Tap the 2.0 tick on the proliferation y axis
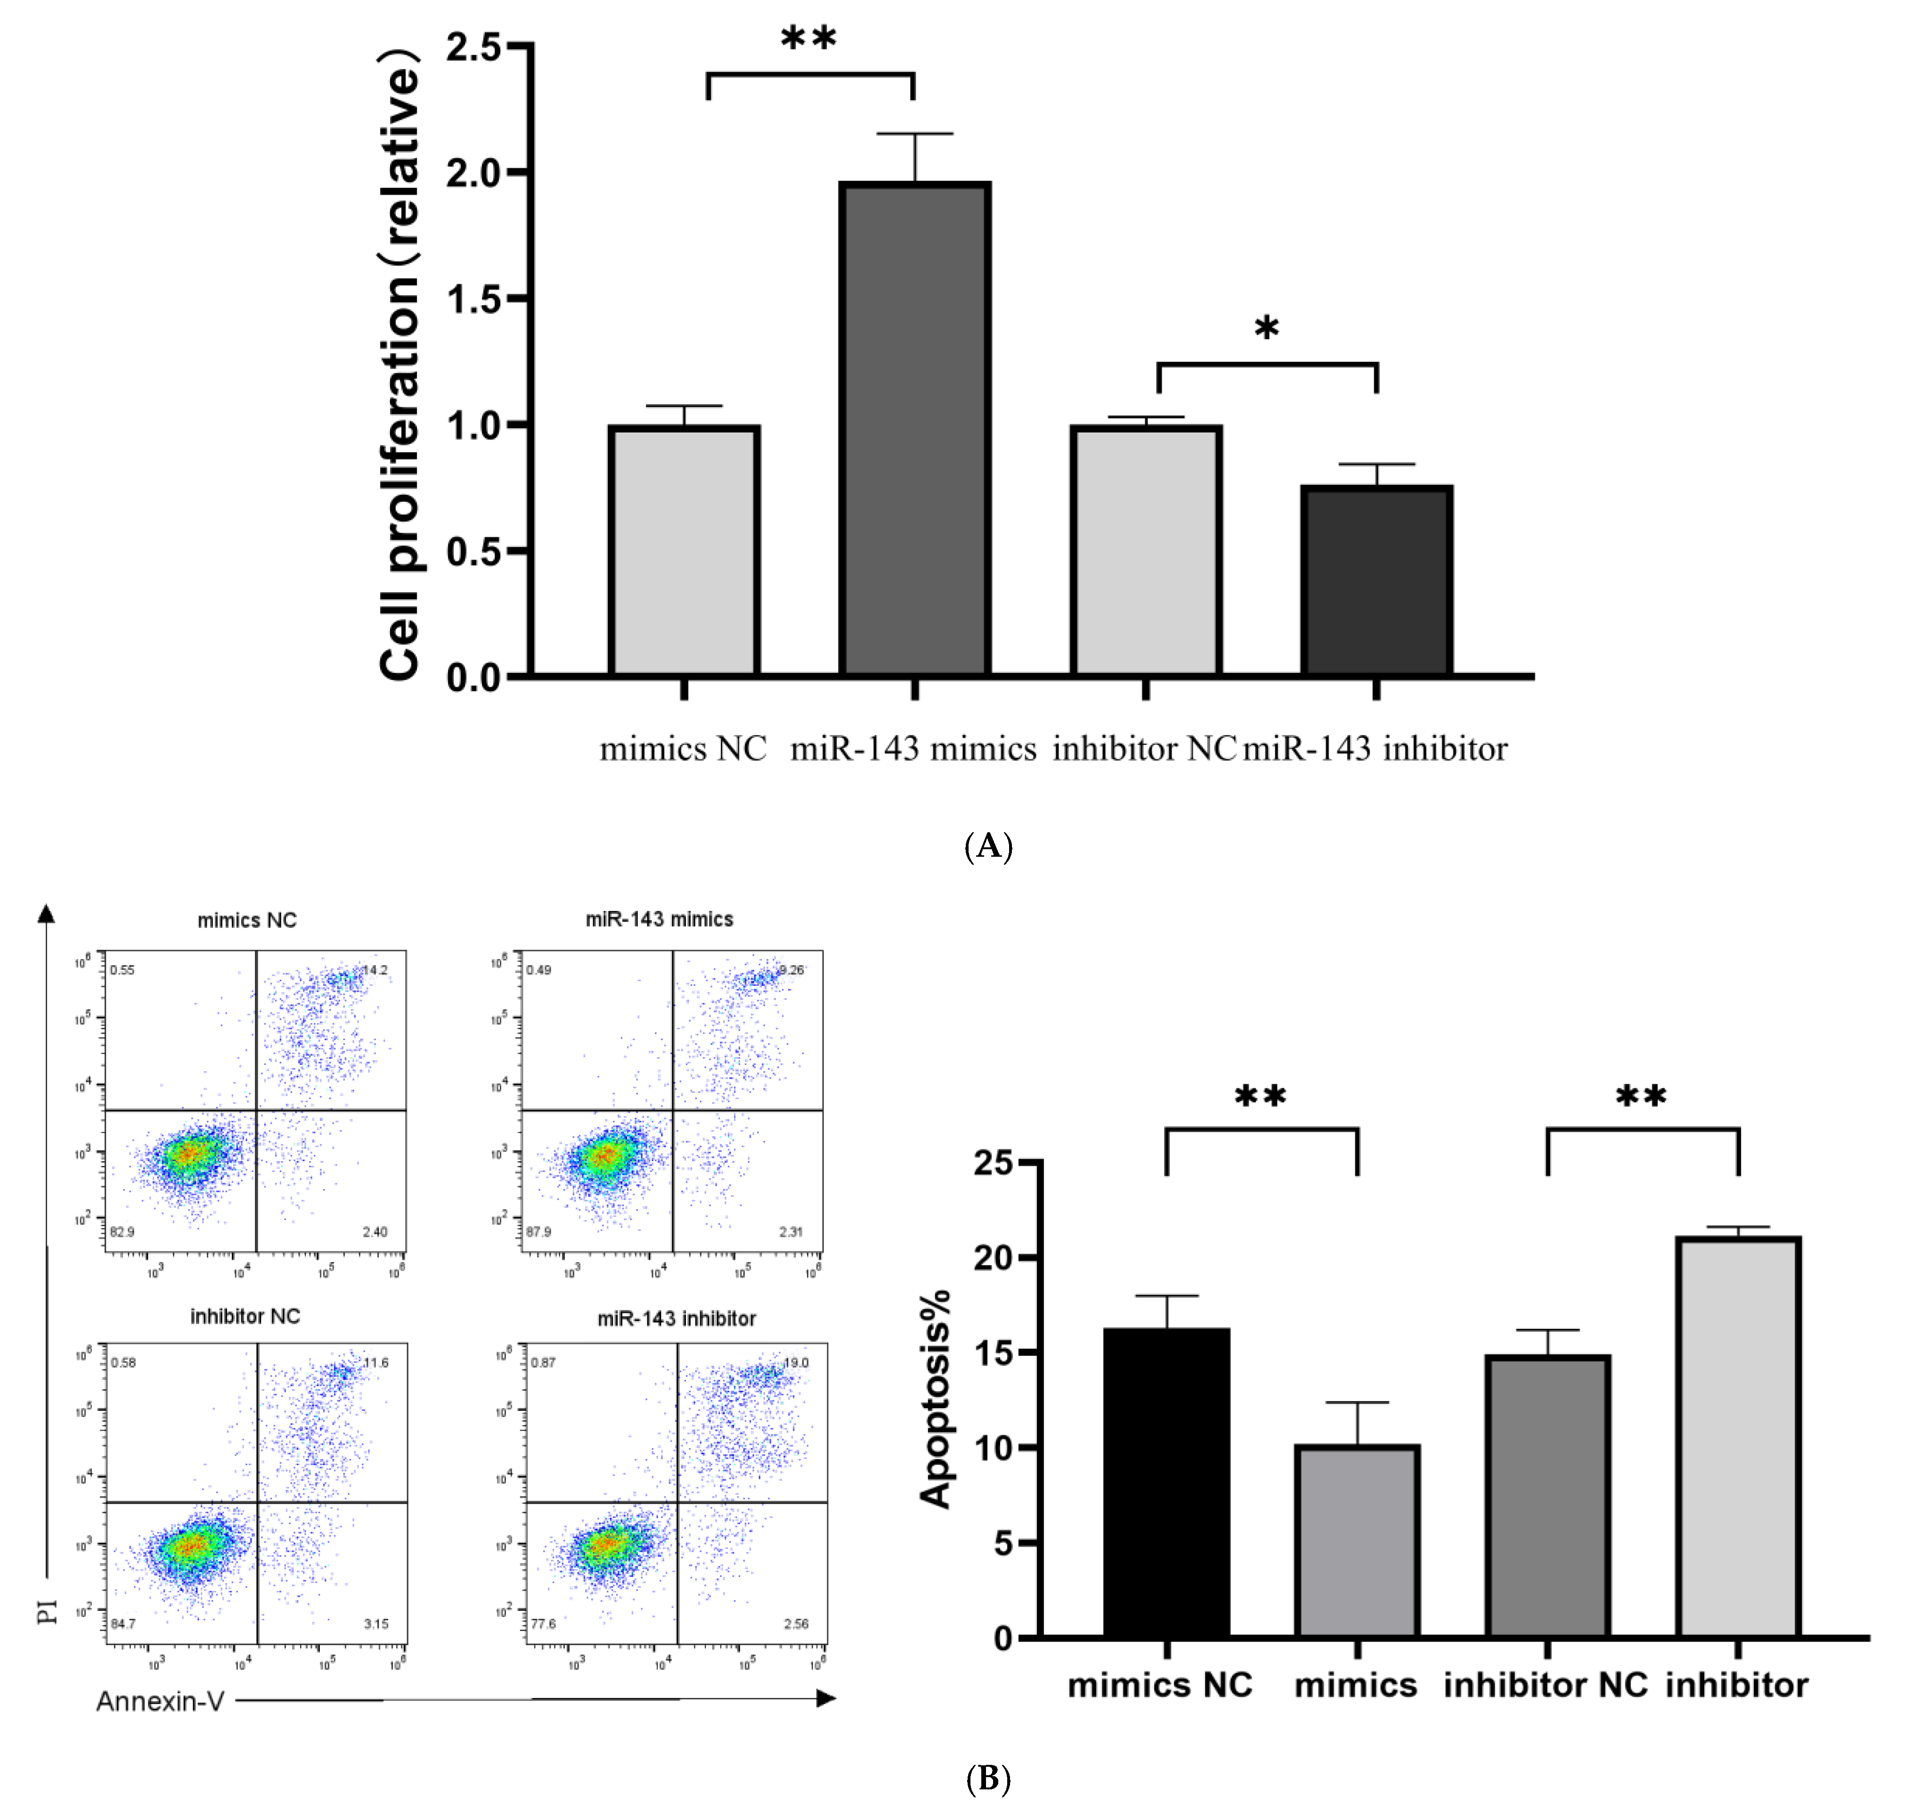(473, 172)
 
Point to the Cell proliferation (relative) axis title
(399, 364)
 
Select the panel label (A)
(987, 846)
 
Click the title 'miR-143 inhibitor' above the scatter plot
(676, 1319)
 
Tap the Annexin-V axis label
(160, 1702)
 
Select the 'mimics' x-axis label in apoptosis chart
(1355, 1685)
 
